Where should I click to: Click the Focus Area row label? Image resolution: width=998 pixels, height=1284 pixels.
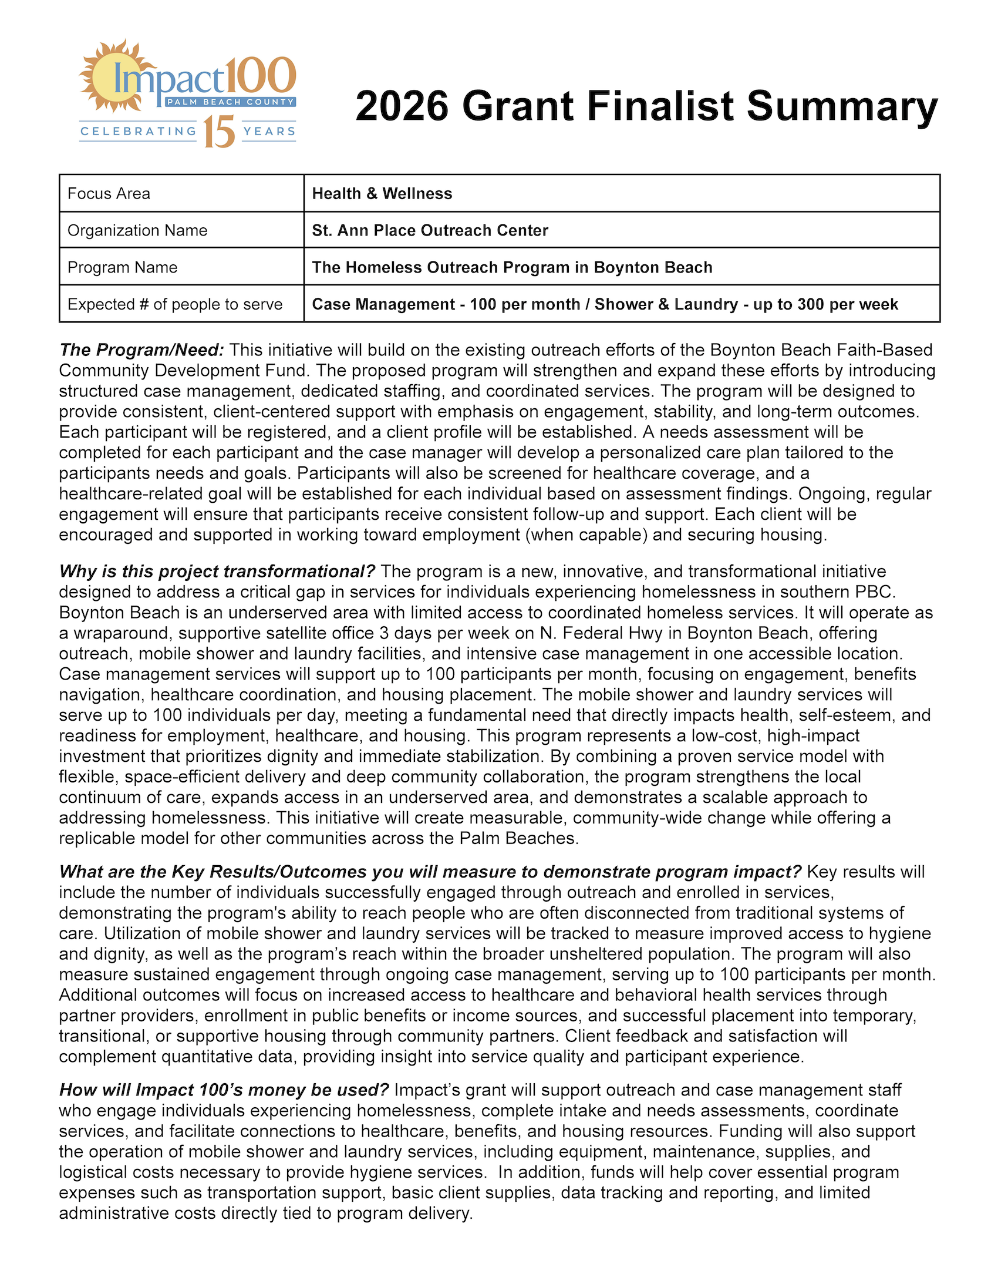click(x=109, y=193)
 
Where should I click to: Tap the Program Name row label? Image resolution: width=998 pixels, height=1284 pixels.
click(x=122, y=267)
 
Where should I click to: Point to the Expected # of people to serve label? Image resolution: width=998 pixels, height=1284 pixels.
click(x=174, y=304)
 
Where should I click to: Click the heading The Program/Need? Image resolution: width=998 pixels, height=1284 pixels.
click(x=141, y=350)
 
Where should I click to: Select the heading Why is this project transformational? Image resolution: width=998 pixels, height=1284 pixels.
click(x=217, y=571)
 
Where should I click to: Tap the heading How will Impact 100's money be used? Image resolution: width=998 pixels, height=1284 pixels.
click(x=224, y=1090)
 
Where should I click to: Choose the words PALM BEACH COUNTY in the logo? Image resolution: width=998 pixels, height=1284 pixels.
click(x=230, y=102)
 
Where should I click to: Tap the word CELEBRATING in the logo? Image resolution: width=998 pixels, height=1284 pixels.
click(x=138, y=131)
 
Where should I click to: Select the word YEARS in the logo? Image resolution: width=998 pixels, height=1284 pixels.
click(x=269, y=131)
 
